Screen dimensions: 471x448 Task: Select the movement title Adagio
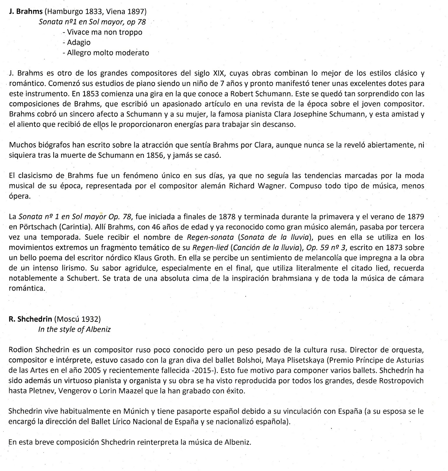pyautogui.click(x=79, y=42)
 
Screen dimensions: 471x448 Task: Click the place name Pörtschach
pyautogui.click(x=36, y=227)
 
